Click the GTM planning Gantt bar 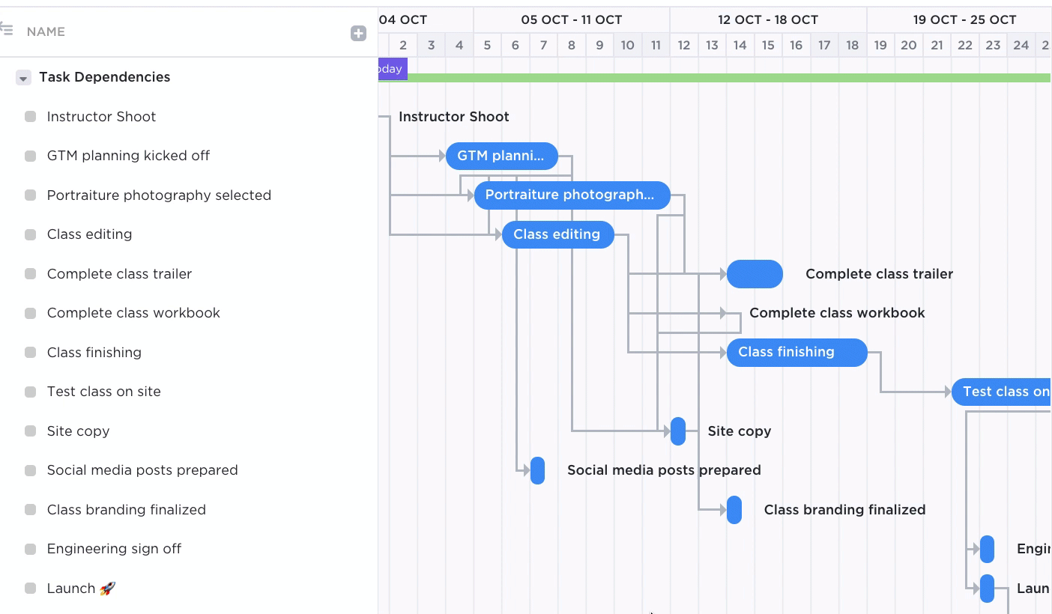tap(501, 156)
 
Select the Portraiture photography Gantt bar tap(572, 195)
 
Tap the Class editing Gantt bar tap(557, 234)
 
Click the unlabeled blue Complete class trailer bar tap(755, 274)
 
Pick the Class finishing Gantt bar tap(796, 352)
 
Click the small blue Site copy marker tap(678, 431)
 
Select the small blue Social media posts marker tap(537, 470)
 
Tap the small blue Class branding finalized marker tap(734, 510)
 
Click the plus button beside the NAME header tap(358, 33)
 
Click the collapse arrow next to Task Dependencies tap(23, 78)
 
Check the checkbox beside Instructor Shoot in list tap(31, 117)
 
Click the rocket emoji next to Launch tap(108, 589)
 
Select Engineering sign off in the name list tap(114, 549)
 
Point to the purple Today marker tap(393, 69)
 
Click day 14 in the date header tap(740, 45)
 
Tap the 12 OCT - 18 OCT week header tap(767, 19)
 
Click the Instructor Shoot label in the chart tap(453, 117)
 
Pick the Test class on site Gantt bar tap(1001, 392)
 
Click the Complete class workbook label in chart tap(837, 313)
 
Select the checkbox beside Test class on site tap(31, 392)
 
